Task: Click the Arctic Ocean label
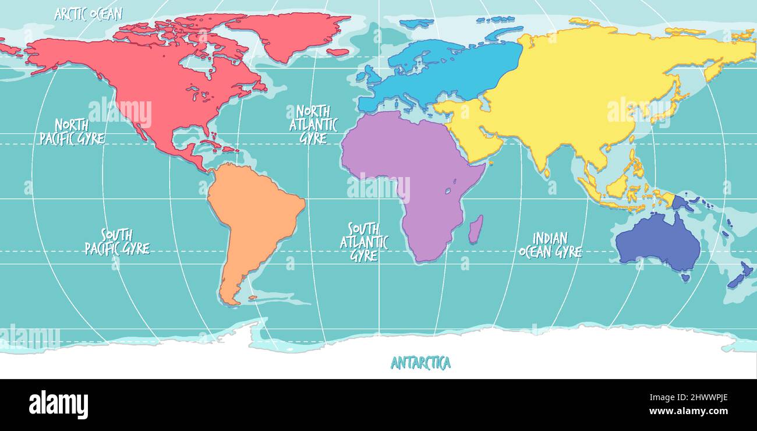click(89, 14)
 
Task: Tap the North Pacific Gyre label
click(72, 132)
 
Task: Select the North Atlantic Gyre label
click(313, 125)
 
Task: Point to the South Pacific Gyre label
click(117, 242)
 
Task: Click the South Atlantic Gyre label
click(364, 242)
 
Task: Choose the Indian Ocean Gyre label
click(550, 245)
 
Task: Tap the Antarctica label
click(420, 363)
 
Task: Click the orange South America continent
click(253, 216)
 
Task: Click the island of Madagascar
click(476, 229)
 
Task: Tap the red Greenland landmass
click(285, 32)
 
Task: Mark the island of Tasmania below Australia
click(685, 278)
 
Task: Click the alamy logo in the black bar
click(58, 404)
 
